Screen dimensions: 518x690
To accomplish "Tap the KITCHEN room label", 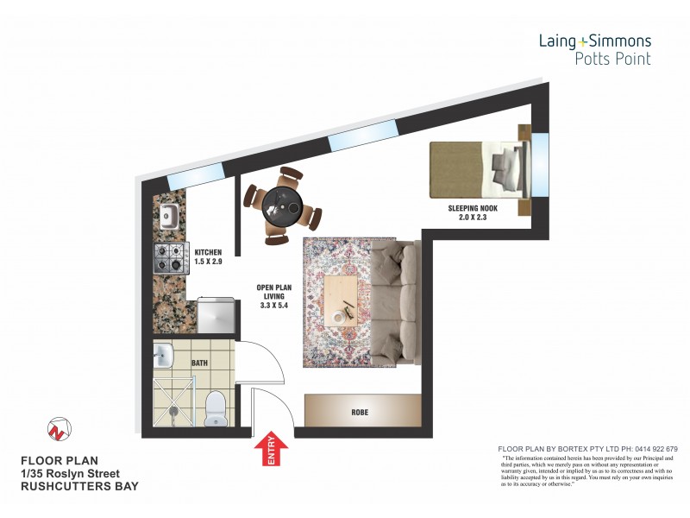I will click(209, 256).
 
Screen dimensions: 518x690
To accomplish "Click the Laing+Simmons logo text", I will click(594, 41).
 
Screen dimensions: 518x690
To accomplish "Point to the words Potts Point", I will click(613, 59).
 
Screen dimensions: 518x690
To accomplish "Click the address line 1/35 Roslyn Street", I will click(71, 473).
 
